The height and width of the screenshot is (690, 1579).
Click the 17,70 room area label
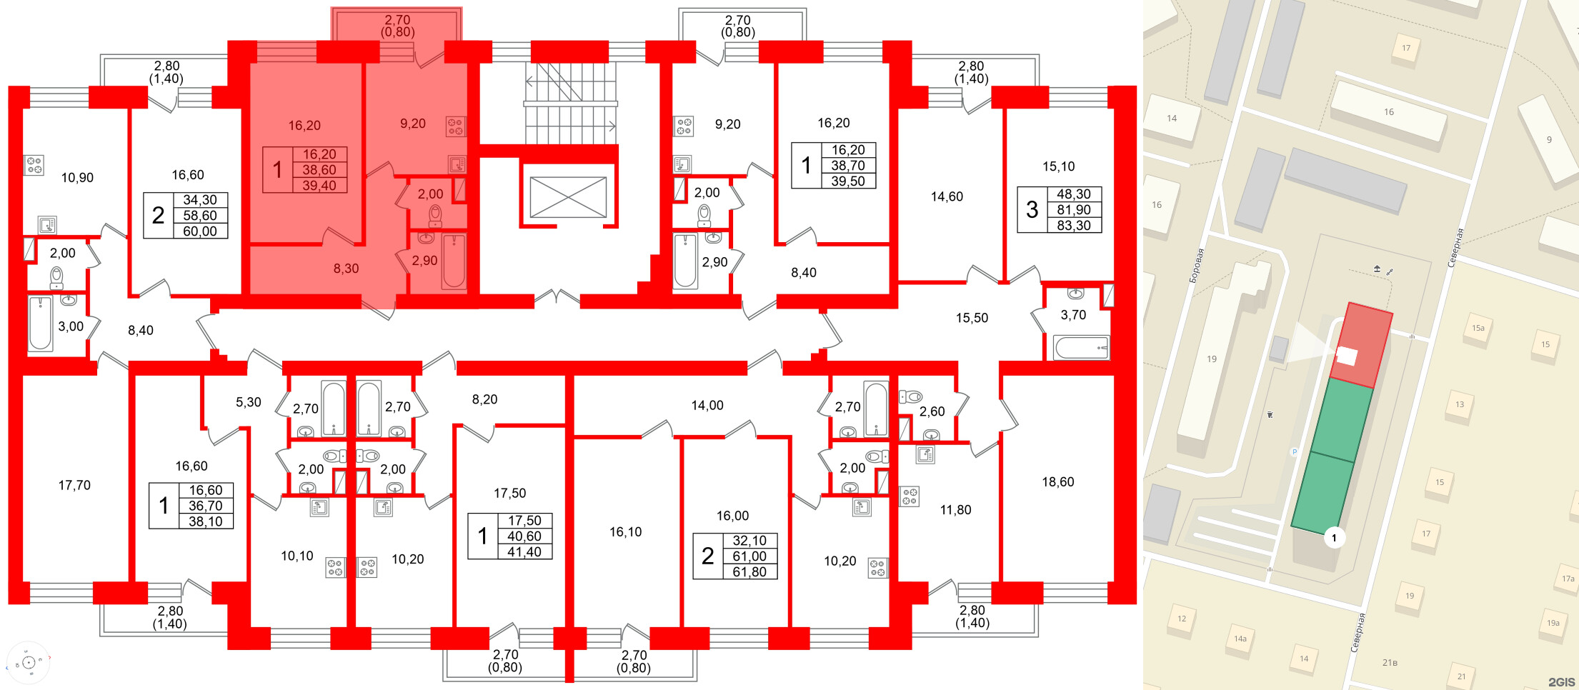(x=74, y=485)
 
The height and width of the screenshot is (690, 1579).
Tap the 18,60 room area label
(x=1057, y=481)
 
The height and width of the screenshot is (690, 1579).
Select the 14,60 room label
(x=947, y=196)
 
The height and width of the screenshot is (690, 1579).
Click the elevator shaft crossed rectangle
(x=568, y=197)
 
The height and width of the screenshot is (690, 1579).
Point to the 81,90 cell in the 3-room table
(x=1073, y=209)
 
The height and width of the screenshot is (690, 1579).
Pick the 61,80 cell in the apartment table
(x=749, y=571)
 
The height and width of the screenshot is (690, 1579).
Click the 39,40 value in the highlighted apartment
(x=319, y=186)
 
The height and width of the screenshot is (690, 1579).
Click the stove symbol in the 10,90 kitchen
(x=34, y=165)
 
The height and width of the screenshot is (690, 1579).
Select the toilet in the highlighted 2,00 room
(x=435, y=215)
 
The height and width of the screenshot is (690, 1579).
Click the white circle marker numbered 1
(x=1334, y=537)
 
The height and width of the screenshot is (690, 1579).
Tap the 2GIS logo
(x=1561, y=681)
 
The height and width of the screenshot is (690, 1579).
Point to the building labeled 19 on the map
(x=1212, y=359)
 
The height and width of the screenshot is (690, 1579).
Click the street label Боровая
(x=1196, y=266)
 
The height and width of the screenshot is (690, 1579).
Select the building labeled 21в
(x=1390, y=662)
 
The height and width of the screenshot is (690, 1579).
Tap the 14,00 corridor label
(x=707, y=405)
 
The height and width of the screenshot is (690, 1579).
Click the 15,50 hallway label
(x=972, y=318)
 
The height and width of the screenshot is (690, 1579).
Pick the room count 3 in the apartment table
(x=1032, y=209)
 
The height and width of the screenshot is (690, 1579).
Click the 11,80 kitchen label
(x=955, y=509)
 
